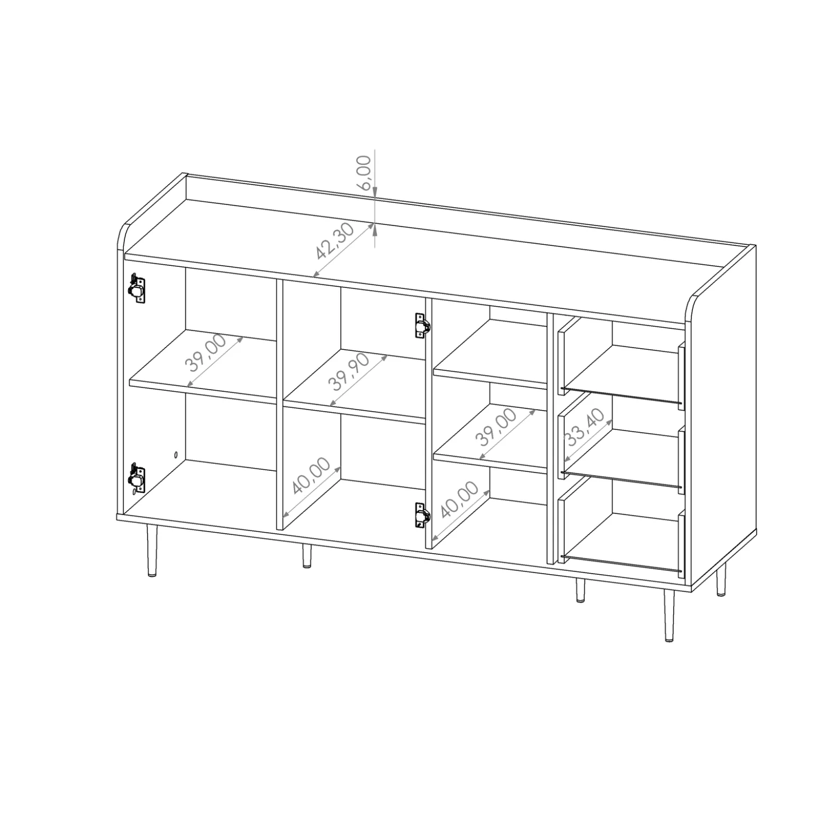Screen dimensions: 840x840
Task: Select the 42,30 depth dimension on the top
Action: point(335,241)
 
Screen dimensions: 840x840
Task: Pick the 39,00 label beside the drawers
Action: point(497,427)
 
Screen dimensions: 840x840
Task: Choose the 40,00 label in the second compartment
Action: point(311,476)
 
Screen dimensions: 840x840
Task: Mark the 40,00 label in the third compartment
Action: point(459,499)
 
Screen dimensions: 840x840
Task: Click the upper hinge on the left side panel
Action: point(136,289)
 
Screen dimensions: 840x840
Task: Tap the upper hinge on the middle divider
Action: point(422,326)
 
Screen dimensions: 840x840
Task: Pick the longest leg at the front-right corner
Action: point(668,615)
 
